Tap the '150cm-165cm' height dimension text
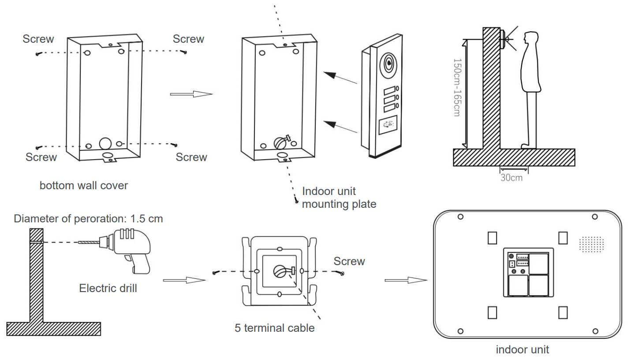(x=457, y=88)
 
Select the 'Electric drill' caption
(x=108, y=288)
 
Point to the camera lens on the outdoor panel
(x=389, y=64)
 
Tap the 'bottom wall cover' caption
(x=84, y=185)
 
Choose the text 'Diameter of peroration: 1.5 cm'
(x=88, y=218)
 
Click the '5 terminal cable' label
(x=275, y=328)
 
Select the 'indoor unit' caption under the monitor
(x=523, y=350)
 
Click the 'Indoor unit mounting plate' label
(x=339, y=198)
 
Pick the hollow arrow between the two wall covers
(x=191, y=94)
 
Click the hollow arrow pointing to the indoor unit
(x=406, y=280)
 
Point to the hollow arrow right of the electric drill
(x=184, y=280)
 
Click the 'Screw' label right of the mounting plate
(x=349, y=261)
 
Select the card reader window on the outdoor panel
(x=387, y=125)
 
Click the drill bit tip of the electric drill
(x=79, y=242)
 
